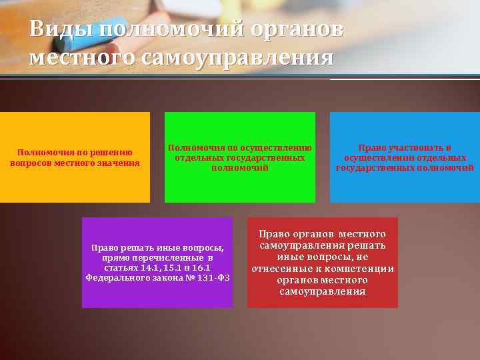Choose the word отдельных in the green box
click(198, 157)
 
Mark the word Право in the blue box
click(371, 148)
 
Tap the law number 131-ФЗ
click(214, 277)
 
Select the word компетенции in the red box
click(361, 269)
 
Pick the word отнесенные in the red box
click(284, 269)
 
